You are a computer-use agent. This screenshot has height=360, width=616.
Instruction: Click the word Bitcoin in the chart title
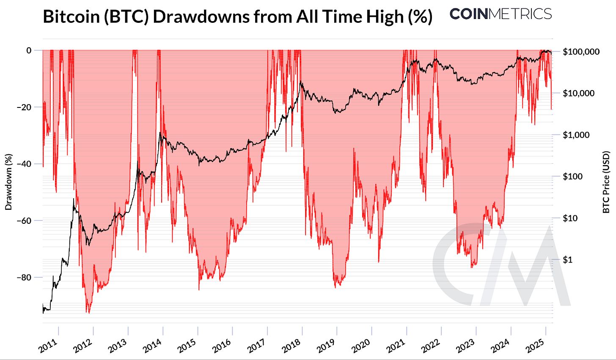click(x=71, y=16)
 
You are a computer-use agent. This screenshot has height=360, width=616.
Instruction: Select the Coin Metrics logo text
click(x=500, y=14)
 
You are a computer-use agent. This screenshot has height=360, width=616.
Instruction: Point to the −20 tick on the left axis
click(x=24, y=107)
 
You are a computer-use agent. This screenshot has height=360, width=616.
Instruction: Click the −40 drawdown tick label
click(x=24, y=164)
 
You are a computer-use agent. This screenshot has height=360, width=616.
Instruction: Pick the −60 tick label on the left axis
click(x=24, y=220)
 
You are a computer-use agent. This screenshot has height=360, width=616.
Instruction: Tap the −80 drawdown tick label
click(x=24, y=277)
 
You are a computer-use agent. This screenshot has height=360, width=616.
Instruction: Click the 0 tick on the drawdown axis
click(x=29, y=50)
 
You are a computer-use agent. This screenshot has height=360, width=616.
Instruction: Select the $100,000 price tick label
click(x=581, y=52)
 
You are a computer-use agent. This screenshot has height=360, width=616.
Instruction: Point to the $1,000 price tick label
click(x=576, y=135)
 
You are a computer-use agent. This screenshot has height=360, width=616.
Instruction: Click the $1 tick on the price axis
click(x=567, y=260)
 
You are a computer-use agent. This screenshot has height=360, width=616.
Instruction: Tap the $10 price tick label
click(x=570, y=218)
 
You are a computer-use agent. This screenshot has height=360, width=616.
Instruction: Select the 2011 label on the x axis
click(x=48, y=346)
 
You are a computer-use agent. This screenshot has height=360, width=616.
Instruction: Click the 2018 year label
click(x=292, y=346)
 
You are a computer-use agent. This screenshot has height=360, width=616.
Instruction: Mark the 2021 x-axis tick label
click(x=396, y=346)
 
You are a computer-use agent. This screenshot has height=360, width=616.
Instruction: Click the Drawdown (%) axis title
click(x=8, y=182)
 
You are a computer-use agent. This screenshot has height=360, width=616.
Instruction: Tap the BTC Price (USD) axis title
click(x=606, y=182)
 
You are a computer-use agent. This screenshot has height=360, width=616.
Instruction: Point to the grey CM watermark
click(x=500, y=264)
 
